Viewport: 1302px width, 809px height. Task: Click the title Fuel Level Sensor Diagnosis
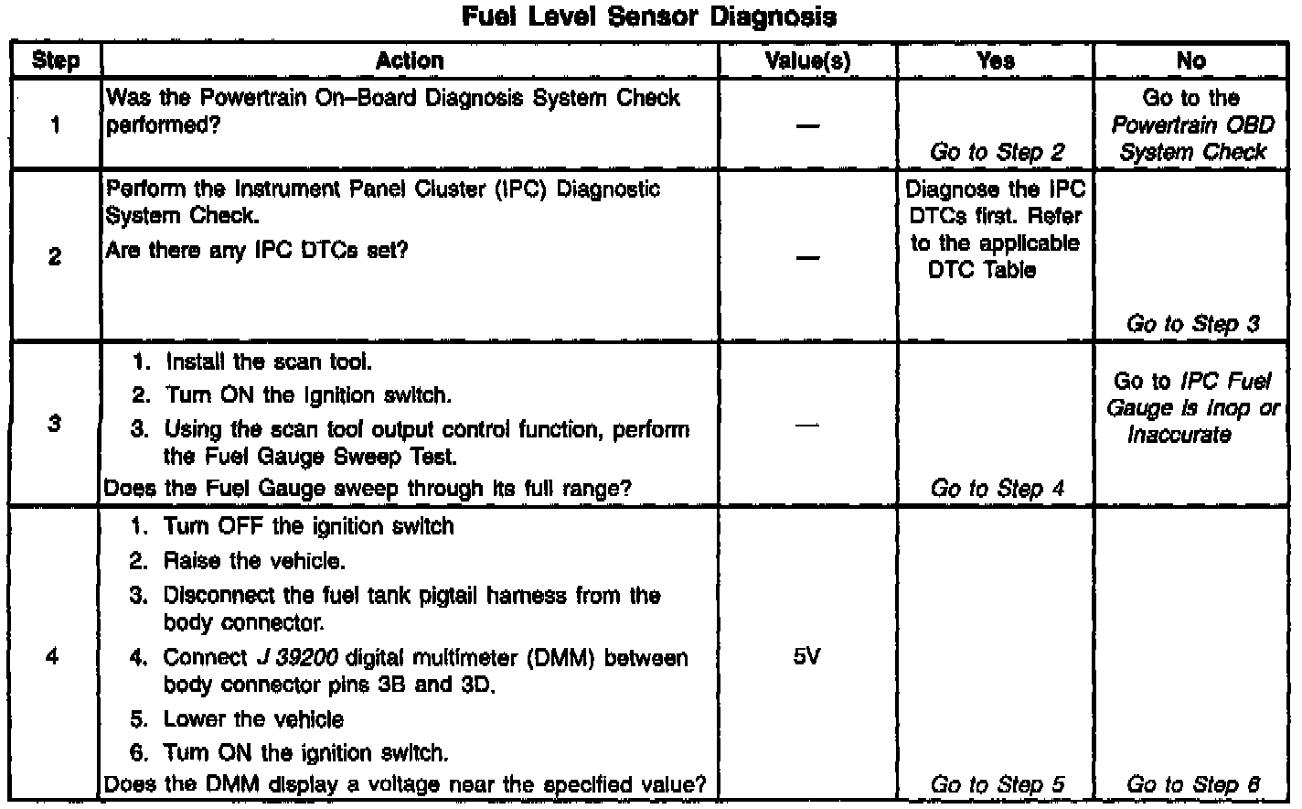pyautogui.click(x=649, y=16)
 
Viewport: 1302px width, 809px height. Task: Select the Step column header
pyautogui.click(x=55, y=61)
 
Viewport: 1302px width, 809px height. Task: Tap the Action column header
pyautogui.click(x=410, y=61)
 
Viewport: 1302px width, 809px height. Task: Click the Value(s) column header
pyautogui.click(x=807, y=61)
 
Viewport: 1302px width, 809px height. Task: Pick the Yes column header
pyautogui.click(x=995, y=61)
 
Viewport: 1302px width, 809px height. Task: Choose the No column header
pyautogui.click(x=1191, y=61)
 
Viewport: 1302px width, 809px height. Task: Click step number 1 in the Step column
pyautogui.click(x=55, y=125)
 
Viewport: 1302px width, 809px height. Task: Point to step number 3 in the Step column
pyautogui.click(x=55, y=425)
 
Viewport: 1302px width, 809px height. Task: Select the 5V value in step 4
pyautogui.click(x=807, y=657)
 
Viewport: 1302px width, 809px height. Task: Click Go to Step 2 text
pyautogui.click(x=997, y=152)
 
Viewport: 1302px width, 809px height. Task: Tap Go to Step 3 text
pyautogui.click(x=1192, y=324)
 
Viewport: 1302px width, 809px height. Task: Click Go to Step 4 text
pyautogui.click(x=997, y=489)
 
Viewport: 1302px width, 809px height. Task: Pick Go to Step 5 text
pyautogui.click(x=997, y=785)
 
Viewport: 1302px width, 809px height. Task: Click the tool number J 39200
pyautogui.click(x=298, y=658)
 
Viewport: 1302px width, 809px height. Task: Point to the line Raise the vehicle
pyautogui.click(x=254, y=561)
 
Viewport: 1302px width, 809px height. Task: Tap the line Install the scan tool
pyautogui.click(x=268, y=362)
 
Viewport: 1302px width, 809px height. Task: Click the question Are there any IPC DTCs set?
pyautogui.click(x=256, y=250)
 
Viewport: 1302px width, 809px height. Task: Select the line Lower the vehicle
pyautogui.click(x=253, y=719)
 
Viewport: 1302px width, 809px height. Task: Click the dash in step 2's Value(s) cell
pyautogui.click(x=807, y=257)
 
